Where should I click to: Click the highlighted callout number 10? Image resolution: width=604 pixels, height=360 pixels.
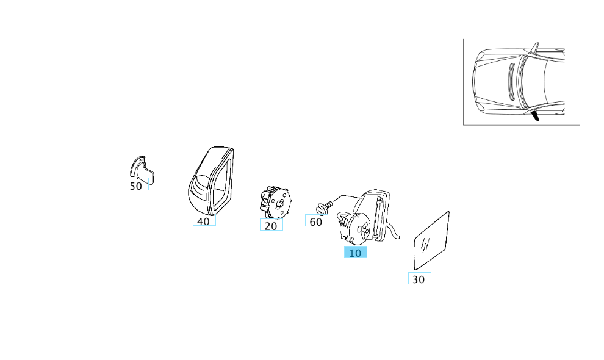tap(355, 253)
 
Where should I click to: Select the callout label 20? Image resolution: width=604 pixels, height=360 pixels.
tap(271, 225)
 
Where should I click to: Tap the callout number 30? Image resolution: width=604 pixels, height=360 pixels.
tap(419, 279)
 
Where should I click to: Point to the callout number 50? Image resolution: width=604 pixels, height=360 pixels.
tap(137, 185)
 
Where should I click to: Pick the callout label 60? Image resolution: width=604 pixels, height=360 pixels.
tap(316, 221)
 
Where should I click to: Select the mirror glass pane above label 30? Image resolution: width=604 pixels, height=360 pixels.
tap(432, 240)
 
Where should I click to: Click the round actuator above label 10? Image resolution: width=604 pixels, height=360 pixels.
tap(354, 229)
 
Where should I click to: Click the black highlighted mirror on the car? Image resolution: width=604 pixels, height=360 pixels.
tap(534, 115)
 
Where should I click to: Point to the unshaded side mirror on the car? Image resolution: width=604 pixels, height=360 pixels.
tap(534, 47)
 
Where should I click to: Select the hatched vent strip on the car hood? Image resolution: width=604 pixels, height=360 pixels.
tap(512, 81)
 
